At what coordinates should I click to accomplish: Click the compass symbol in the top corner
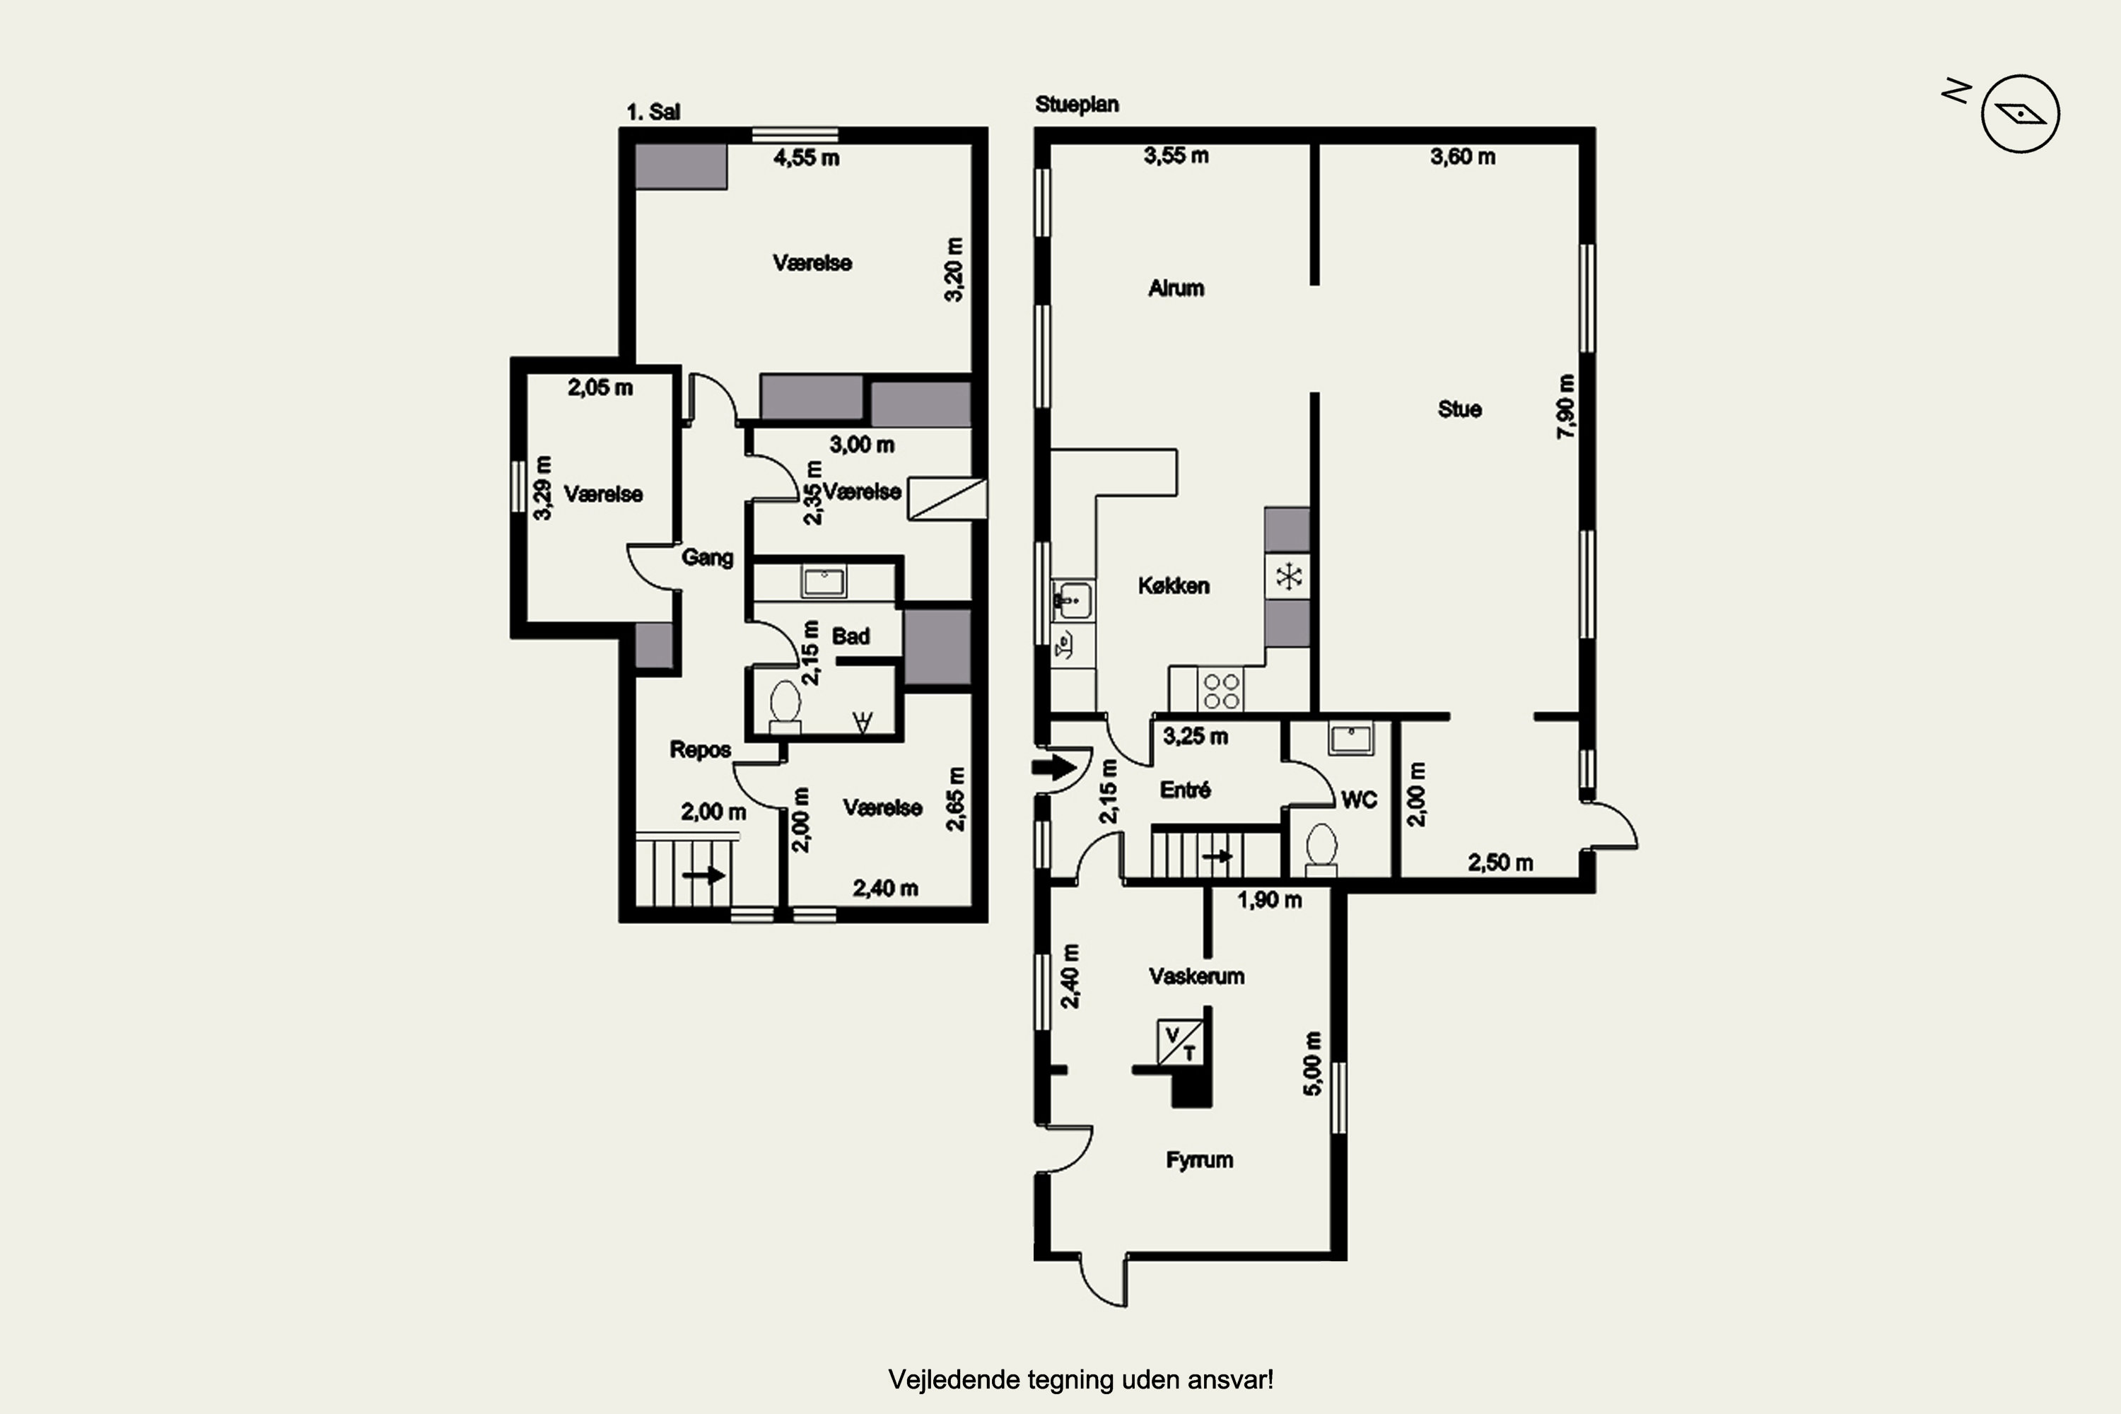coord(2020,114)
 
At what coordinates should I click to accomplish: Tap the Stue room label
coord(1459,409)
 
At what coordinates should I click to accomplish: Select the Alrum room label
coord(1176,288)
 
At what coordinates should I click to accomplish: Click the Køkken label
coord(1173,586)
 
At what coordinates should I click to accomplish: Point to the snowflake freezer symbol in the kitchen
coord(1287,576)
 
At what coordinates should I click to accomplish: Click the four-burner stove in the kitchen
coord(1221,690)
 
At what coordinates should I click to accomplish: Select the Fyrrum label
coord(1199,1159)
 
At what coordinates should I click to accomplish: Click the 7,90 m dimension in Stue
coord(1567,407)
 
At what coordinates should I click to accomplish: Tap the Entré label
coord(1185,790)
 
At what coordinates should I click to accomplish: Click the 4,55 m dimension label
coord(806,158)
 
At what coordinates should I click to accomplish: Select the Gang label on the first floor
coord(707,557)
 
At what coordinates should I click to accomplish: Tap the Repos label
coord(700,749)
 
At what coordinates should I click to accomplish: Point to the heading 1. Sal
coord(653,112)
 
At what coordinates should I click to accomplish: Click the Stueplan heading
coord(1077,105)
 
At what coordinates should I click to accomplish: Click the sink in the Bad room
coord(824,583)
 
